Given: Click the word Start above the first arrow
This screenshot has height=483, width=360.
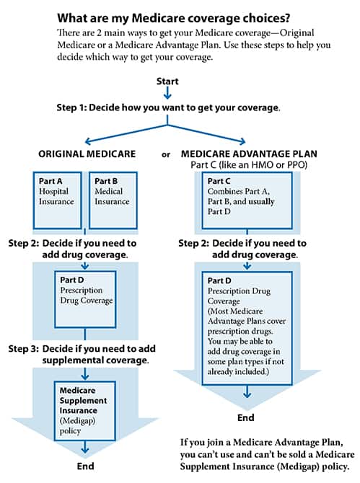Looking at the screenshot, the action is tap(167, 81).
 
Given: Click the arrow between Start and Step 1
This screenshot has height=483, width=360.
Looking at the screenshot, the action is tap(167, 93).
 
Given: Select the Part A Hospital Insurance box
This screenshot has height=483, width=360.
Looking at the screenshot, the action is tap(57, 200).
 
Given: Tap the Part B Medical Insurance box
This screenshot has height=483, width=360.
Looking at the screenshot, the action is tap(113, 200).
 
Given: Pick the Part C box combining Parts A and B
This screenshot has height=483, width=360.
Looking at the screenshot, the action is tap(247, 200).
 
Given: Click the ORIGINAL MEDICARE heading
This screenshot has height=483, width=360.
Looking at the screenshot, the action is tap(87, 154).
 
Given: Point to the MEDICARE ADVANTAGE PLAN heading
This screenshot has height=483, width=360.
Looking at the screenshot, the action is tap(249, 154).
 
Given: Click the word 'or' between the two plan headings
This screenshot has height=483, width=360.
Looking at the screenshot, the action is tap(166, 155).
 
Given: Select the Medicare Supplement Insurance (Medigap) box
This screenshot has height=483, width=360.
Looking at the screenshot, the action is tap(84, 411).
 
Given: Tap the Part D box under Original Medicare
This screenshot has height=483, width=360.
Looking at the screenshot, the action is tap(85, 299).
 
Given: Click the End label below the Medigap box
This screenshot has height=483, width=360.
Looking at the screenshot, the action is tap(85, 466).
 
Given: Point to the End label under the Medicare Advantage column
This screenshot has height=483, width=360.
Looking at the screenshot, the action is tap(245, 417).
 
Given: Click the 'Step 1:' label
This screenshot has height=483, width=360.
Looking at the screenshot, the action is tap(72, 107).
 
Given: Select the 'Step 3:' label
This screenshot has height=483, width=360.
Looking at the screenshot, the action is tap(24, 349).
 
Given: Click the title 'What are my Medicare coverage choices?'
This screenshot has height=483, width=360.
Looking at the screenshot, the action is tap(174, 18).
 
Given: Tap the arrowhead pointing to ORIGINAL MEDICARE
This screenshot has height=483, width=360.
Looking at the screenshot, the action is tap(88, 141).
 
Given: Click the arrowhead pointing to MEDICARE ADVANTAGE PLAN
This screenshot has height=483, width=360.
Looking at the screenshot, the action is tap(242, 141).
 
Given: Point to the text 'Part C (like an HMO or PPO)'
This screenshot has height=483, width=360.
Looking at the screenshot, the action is tap(249, 165).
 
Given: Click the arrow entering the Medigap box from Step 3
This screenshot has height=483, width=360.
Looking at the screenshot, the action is tap(85, 373).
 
